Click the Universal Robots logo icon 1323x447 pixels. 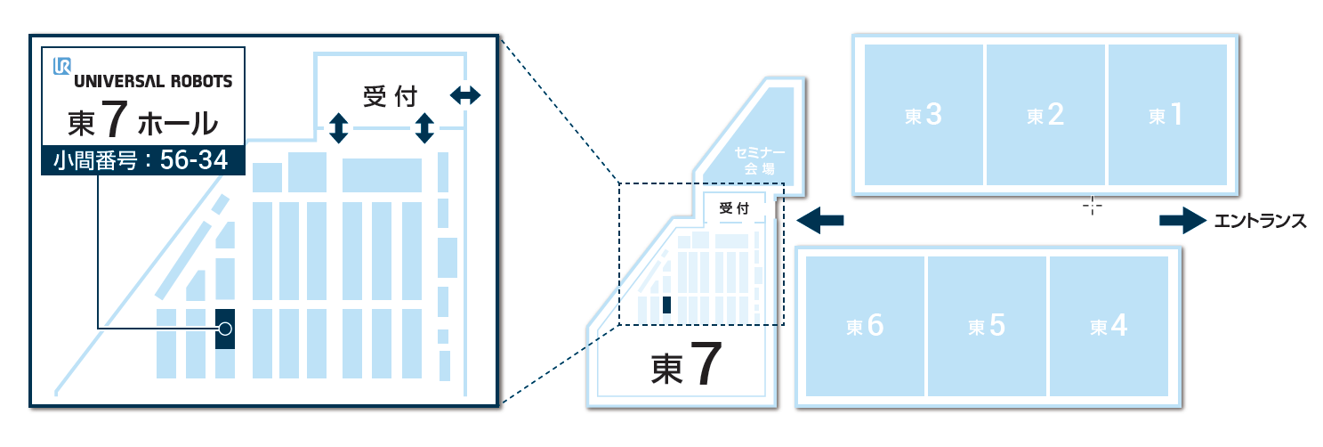[62, 67]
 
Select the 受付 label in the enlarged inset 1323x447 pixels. [390, 96]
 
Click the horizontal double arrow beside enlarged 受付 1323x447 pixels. [464, 94]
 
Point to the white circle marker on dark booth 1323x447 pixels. [225, 329]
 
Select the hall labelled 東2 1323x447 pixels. [1045, 115]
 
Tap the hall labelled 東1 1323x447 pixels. [1166, 115]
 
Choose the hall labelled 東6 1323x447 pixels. [864, 327]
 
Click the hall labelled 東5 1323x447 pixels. [987, 327]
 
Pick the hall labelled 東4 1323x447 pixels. [1109, 327]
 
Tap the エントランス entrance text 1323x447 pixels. [1260, 221]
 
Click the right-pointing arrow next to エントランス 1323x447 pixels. [1182, 221]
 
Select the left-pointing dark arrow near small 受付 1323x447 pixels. [819, 220]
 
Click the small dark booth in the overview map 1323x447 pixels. [666, 305]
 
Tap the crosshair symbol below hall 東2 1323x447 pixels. [1092, 206]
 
